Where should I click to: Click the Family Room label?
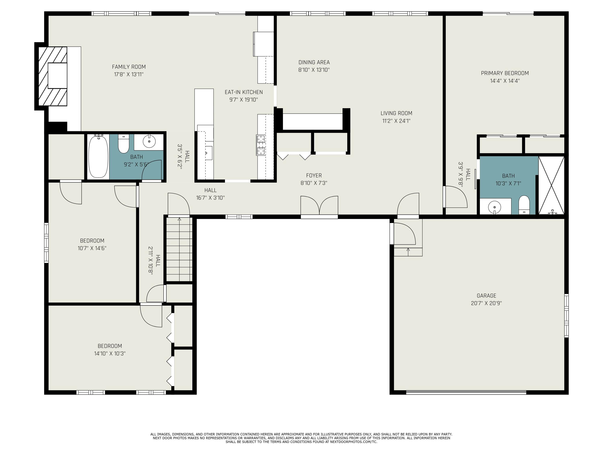tap(129, 67)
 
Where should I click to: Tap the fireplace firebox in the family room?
tap(57, 76)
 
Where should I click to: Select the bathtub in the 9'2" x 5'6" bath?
tap(98, 157)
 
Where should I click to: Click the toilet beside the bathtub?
tap(123, 144)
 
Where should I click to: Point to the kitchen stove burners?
tap(261, 145)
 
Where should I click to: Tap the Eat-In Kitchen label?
tap(244, 92)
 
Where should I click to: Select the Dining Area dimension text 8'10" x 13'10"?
tap(314, 70)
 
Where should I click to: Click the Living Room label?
tap(396, 113)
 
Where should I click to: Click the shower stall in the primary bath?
tap(551, 185)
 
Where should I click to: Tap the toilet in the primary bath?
tap(524, 205)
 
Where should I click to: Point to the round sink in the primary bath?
tap(494, 207)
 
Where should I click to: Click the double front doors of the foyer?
tap(319, 206)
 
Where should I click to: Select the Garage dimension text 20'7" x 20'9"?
tap(486, 303)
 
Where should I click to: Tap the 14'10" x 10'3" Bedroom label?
tap(110, 346)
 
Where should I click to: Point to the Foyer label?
tap(314, 175)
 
